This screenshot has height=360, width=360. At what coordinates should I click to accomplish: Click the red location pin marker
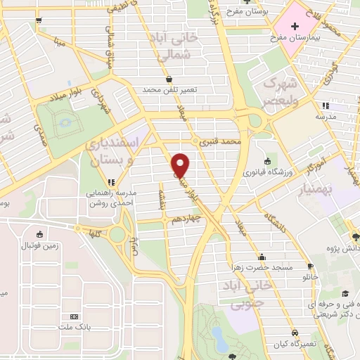pyautogui.click(x=181, y=165)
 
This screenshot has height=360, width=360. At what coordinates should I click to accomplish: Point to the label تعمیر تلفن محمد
pyautogui.click(x=167, y=90)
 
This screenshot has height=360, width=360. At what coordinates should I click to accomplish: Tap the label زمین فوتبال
pyautogui.click(x=38, y=246)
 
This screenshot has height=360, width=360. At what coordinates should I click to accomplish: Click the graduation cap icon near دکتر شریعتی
pyautogui.click(x=345, y=294)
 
